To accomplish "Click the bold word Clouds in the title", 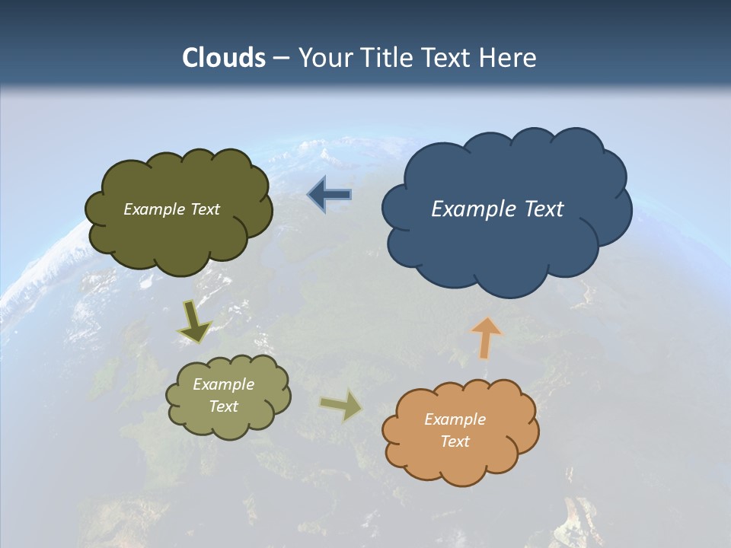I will coord(224,57).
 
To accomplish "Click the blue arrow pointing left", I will coord(329,195).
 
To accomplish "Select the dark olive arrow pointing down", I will coord(194,321).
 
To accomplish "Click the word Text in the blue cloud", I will coord(541,209).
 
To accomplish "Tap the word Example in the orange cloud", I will coord(455,419).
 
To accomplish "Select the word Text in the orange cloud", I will coord(455,441).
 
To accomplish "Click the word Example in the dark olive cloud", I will coord(153,209).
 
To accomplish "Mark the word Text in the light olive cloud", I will coord(223,406).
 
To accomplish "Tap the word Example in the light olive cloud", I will coord(223,384).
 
